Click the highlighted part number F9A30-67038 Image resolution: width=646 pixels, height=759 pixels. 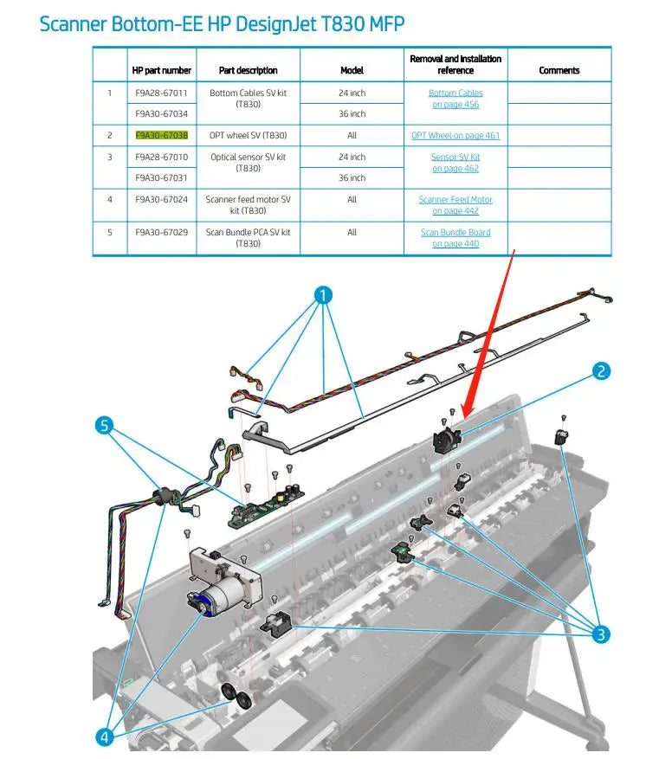point(162,136)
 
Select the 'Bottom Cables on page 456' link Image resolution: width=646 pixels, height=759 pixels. point(455,99)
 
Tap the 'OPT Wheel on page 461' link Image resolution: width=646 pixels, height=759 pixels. point(455,136)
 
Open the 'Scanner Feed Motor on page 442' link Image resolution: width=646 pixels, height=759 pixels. point(455,205)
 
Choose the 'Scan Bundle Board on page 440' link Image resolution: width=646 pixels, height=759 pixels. point(455,238)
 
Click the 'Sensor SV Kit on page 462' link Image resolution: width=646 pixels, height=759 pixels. point(455,163)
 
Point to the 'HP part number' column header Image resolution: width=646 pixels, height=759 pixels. point(162,71)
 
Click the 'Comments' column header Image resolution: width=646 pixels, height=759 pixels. point(559,71)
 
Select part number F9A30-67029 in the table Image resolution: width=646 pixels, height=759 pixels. point(162,232)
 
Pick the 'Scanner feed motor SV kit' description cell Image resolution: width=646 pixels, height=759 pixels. point(248,205)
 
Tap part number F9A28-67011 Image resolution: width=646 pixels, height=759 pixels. point(161,93)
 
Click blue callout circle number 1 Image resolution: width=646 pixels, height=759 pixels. point(323,295)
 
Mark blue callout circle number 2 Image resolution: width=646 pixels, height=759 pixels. point(601,371)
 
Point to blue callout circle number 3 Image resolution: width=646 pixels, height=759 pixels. point(601,634)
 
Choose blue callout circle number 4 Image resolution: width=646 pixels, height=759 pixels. point(105,737)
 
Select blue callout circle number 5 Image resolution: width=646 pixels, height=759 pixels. point(105,426)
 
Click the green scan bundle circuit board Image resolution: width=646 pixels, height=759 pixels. point(266,507)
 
